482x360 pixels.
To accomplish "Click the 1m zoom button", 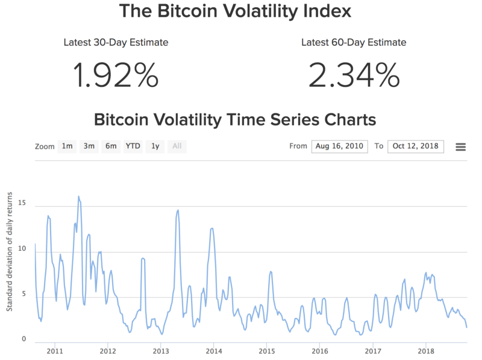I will pos(67,147).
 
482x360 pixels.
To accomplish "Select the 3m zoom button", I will pos(89,147).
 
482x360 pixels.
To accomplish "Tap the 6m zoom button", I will pos(111,147).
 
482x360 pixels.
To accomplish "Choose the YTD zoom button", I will pos(133,147).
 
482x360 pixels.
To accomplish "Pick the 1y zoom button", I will pos(155,147).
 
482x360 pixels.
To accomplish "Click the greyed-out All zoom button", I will pos(177,147).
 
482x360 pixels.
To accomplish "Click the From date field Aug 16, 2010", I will pos(340,147).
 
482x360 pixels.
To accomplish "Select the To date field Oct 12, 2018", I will pos(416,147).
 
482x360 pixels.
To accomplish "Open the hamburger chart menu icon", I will pos(460,147).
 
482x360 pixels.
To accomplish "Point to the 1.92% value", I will pos(116,75).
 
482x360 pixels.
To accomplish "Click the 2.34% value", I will pos(354,75).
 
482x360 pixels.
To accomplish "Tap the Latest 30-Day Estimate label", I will pos(116,42).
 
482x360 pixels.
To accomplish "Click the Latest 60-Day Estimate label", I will pos(354,42).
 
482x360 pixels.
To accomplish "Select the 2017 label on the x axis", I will pos(374,351).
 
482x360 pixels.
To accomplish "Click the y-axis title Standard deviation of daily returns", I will pos(10,252).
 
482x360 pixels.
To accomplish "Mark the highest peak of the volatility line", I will pos(78,197).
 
